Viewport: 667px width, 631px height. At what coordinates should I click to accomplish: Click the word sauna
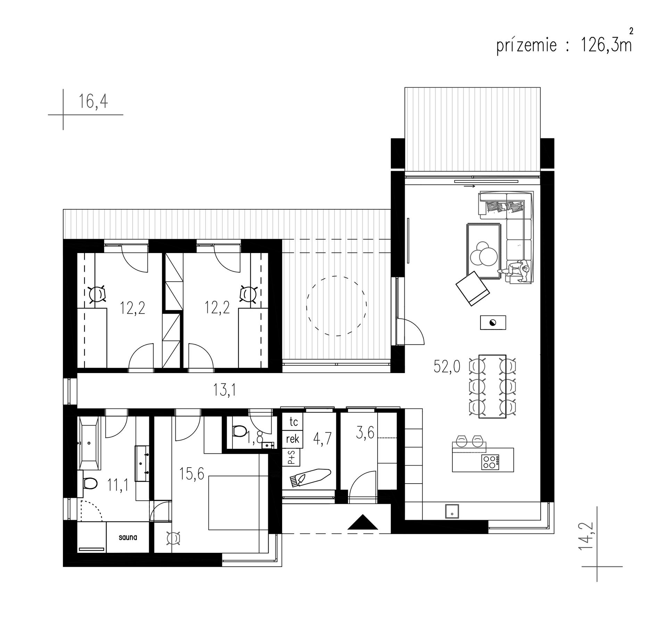(128, 537)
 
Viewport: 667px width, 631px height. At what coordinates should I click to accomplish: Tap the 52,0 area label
(447, 366)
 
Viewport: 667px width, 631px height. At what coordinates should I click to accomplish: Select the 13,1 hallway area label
(225, 390)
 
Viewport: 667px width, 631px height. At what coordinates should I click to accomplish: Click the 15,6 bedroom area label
(191, 474)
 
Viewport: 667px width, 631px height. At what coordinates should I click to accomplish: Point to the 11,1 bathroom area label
(118, 485)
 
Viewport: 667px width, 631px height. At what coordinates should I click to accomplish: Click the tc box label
(294, 422)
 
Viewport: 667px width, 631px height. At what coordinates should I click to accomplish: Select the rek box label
(293, 439)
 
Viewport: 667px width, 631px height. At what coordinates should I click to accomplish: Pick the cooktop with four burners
(490, 461)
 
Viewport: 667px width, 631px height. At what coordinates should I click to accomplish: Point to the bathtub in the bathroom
(89, 443)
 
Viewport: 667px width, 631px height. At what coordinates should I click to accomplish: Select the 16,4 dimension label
(93, 101)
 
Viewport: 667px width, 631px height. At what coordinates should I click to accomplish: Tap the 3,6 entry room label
(365, 433)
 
